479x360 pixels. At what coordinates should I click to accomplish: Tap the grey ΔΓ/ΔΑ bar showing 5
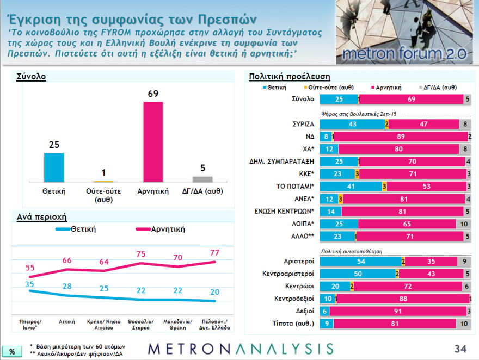(202, 179)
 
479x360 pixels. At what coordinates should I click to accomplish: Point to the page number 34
(461, 348)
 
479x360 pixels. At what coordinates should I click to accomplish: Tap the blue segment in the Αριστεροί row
(360, 262)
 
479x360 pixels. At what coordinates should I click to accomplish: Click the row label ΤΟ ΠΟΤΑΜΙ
(294, 187)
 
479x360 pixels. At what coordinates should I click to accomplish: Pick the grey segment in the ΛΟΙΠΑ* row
(463, 224)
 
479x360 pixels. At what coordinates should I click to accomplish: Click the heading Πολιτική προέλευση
(289, 77)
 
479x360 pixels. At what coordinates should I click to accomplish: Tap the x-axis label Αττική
(67, 321)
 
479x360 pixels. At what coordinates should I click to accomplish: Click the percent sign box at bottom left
(11, 351)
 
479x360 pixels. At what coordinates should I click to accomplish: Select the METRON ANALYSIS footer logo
(241, 348)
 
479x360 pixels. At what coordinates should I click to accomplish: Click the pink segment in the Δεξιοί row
(396, 312)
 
